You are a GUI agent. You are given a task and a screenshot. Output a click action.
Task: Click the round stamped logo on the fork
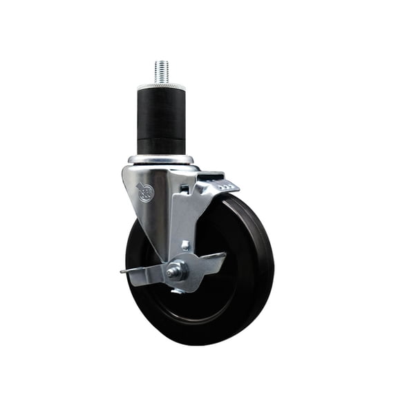[146, 191]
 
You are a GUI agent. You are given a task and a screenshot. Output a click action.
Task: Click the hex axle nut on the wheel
[176, 270]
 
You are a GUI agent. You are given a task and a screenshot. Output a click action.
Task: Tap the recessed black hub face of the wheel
[207, 290]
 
